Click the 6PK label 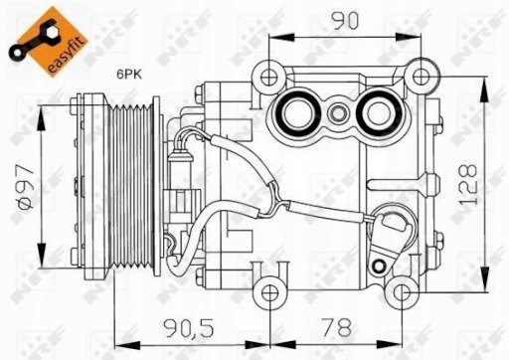click(x=129, y=75)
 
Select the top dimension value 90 click(x=345, y=21)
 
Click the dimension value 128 click(x=468, y=184)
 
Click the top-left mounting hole click(x=268, y=77)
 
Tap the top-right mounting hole click(x=421, y=77)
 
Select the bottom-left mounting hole click(x=270, y=292)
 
